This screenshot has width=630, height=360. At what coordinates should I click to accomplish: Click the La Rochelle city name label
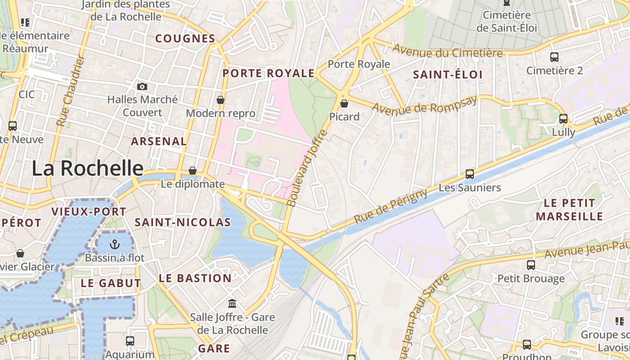pos(87,168)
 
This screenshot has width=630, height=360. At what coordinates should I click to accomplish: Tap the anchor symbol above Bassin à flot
pos(115,245)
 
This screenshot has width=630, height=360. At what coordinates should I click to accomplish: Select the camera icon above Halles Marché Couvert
pos(142,86)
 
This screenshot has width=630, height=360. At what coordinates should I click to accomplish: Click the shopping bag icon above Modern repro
pos(220,100)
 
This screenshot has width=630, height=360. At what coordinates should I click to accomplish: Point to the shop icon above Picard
pos(344,104)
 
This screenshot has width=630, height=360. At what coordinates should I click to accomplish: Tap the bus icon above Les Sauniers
pos(470,174)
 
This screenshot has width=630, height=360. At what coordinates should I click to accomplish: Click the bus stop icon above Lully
pos(563,119)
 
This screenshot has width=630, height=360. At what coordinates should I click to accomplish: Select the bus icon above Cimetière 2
pos(554,58)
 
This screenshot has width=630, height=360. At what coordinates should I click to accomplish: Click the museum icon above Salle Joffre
pos(232,304)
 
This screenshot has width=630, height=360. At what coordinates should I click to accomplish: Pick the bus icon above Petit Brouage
pos(531,265)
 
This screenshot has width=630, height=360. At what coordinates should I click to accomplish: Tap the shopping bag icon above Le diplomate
pos(193,171)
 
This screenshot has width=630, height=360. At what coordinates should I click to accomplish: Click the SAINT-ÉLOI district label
pos(448,75)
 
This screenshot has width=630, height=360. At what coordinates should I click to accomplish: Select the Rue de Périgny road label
pos(391,207)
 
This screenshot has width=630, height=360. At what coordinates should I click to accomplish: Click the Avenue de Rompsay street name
pos(424,105)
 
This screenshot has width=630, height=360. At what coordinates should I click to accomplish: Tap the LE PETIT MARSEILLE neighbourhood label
pos(569,210)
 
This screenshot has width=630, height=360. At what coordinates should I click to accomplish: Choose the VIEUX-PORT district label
pos(89,211)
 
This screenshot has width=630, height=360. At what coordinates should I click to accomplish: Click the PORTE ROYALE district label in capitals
pos(269,73)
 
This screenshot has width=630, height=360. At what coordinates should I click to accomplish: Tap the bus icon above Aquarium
pos(130,341)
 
